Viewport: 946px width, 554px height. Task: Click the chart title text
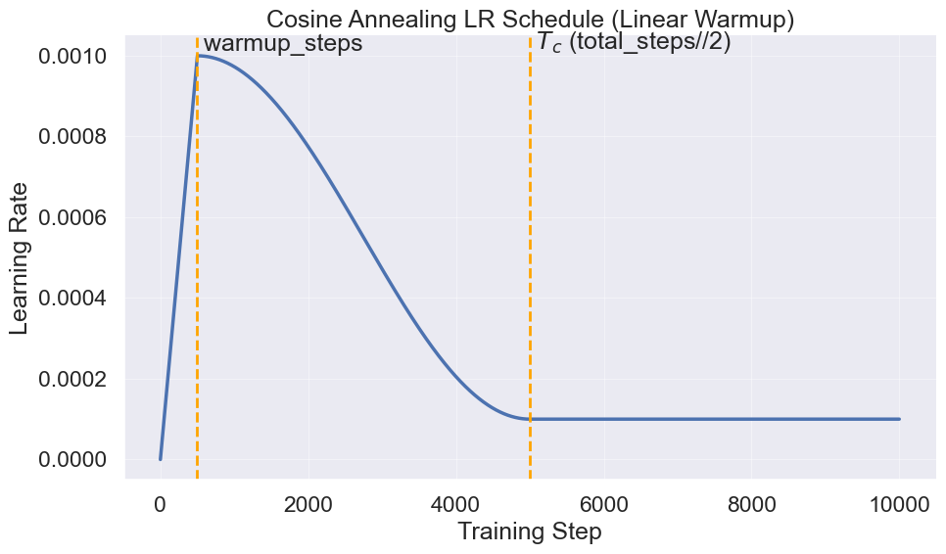tap(530, 19)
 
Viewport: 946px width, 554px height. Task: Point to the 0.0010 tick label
tap(72, 57)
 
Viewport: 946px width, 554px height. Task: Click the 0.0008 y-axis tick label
tap(72, 137)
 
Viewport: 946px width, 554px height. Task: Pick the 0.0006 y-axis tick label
tap(72, 217)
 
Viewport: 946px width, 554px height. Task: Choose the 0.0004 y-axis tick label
tap(72, 299)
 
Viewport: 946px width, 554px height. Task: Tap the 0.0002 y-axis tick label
tap(72, 379)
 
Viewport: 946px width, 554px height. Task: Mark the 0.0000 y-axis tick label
tap(72, 459)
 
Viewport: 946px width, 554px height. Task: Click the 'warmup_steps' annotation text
tap(283, 44)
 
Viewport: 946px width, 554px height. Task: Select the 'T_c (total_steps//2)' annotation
tap(634, 42)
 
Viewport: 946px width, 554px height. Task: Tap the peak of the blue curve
tap(198, 56)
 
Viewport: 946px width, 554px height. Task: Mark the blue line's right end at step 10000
tap(899, 419)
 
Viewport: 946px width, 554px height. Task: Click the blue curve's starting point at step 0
tap(161, 459)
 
